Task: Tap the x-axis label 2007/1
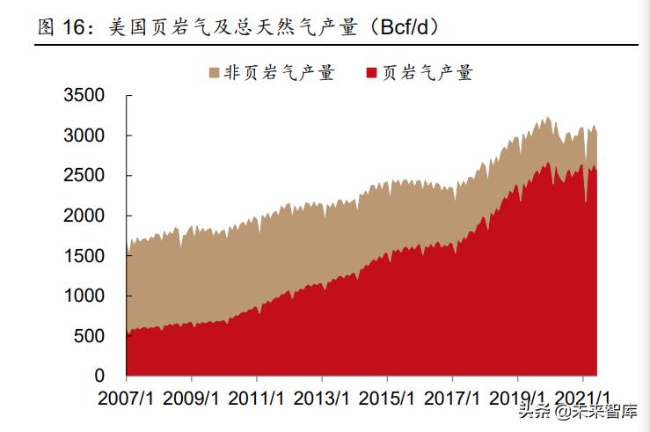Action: pos(126,398)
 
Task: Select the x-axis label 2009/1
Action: pos(191,398)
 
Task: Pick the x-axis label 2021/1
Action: pos(582,398)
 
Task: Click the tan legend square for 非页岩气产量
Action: pos(214,73)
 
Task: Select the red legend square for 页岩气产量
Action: pos(370,73)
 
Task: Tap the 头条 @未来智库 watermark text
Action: pos(577,411)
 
